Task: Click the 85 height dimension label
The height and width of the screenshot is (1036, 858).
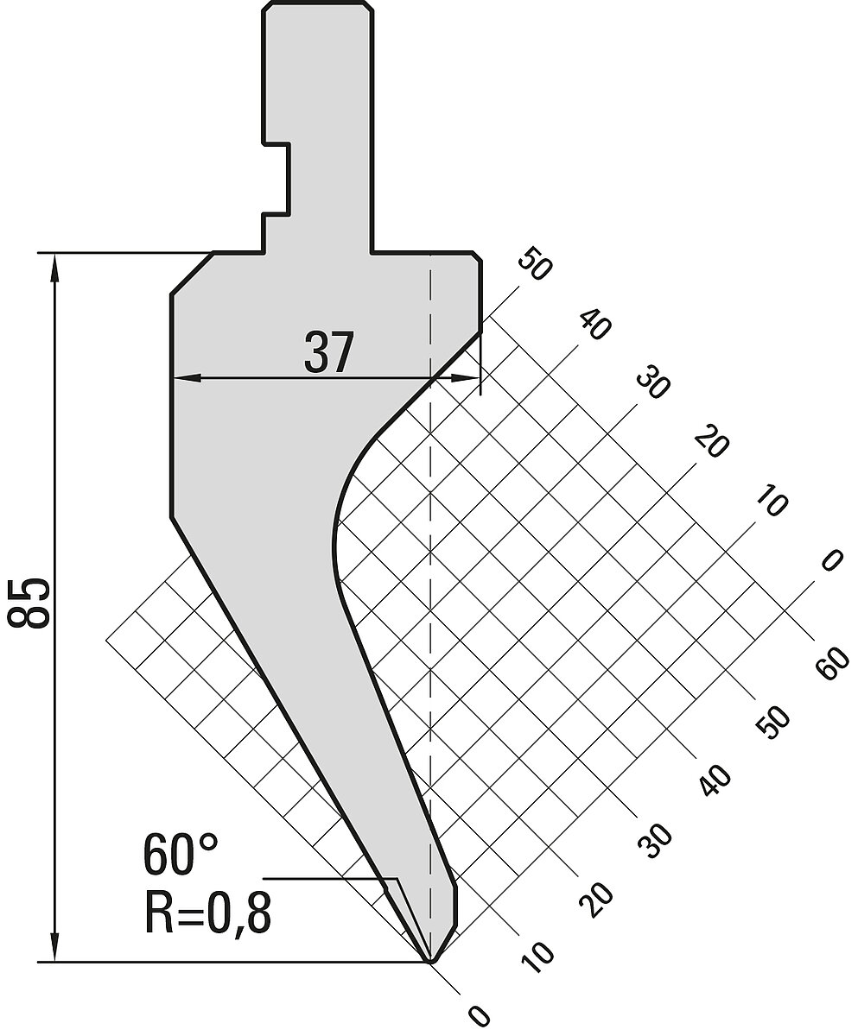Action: (x=29, y=603)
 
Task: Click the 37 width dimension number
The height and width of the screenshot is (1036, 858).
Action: (x=328, y=352)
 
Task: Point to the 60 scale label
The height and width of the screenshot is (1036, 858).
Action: (x=834, y=663)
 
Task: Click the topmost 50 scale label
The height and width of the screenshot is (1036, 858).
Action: (x=534, y=263)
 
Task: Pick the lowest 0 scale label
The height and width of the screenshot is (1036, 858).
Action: (x=479, y=1014)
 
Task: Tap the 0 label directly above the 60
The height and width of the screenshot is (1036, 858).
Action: (x=832, y=560)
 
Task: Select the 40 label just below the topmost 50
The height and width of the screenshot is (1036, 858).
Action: (x=594, y=325)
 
